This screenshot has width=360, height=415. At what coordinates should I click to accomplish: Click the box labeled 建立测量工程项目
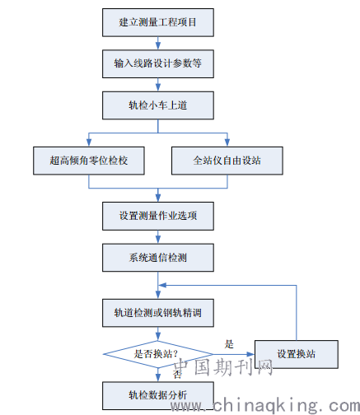(158, 22)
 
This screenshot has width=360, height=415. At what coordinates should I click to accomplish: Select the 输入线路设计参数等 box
(158, 63)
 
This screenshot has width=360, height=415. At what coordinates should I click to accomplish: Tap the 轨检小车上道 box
(158, 105)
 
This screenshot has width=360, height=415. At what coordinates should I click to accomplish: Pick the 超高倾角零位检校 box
(89, 161)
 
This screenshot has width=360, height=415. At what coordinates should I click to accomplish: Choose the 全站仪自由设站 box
(227, 161)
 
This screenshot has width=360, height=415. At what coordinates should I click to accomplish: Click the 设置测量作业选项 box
(158, 216)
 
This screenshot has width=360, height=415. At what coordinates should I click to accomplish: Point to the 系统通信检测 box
(158, 258)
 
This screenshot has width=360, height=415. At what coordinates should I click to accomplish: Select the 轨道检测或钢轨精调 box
(158, 313)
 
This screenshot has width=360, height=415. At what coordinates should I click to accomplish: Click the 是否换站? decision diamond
(158, 354)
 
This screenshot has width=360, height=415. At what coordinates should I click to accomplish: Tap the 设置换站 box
(297, 354)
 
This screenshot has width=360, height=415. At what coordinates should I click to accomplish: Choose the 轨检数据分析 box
(158, 396)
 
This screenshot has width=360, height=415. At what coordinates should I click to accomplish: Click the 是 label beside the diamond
(229, 344)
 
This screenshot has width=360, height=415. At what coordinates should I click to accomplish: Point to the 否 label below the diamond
(177, 374)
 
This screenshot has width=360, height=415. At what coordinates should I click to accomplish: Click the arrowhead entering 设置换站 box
(250, 354)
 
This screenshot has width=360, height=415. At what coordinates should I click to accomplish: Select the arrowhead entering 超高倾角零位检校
(89, 142)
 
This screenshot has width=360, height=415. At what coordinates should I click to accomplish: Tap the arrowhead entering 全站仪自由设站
(227, 142)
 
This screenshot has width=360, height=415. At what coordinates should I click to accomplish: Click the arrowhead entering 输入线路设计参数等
(158, 46)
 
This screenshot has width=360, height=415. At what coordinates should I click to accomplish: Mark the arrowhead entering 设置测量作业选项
(158, 198)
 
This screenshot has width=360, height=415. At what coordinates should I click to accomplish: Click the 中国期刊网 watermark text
(223, 367)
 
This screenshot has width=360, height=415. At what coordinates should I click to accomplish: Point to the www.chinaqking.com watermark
(265, 406)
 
